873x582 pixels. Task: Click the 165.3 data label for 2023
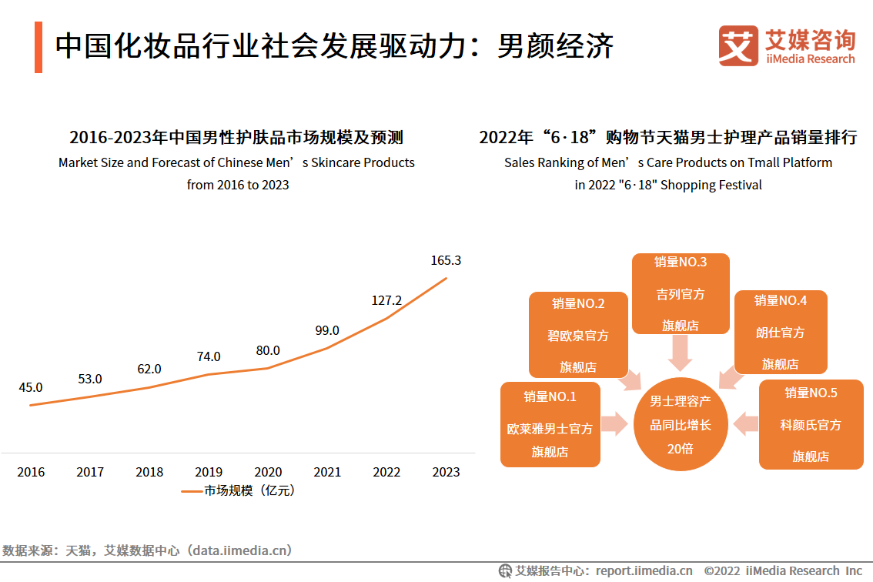(x=446, y=261)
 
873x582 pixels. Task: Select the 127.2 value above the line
(x=386, y=300)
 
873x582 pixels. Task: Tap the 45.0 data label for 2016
(x=31, y=387)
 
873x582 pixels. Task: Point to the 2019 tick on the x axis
(x=209, y=472)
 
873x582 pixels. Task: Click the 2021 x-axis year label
(x=327, y=472)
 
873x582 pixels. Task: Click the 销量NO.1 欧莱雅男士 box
(x=550, y=424)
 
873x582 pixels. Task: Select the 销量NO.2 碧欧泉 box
(x=577, y=335)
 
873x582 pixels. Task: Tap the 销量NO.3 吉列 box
(x=681, y=293)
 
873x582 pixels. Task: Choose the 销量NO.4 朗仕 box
(x=780, y=332)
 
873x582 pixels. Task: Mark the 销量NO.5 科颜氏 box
(x=811, y=424)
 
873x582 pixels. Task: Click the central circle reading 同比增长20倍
(x=681, y=424)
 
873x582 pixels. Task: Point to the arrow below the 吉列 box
(x=681, y=353)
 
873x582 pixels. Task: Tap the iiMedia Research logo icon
(x=738, y=45)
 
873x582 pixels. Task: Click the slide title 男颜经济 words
(x=555, y=46)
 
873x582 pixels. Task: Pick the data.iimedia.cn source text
(x=240, y=550)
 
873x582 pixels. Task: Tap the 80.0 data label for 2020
(x=268, y=350)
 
